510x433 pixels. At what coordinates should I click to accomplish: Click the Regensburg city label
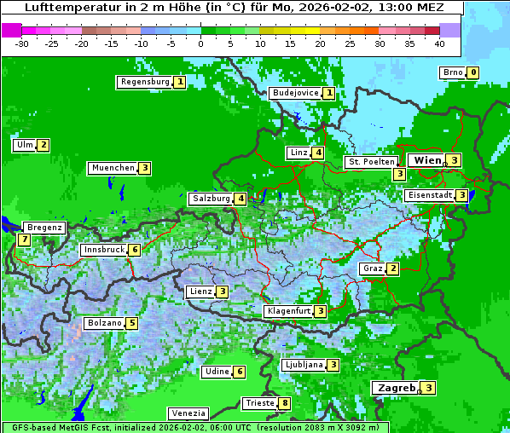[144, 82]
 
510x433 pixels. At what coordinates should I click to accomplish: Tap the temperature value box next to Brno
[472, 72]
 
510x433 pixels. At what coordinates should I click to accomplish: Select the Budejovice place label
[295, 93]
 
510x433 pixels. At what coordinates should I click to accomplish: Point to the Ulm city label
[23, 145]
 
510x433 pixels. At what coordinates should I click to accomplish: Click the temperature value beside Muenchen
[146, 168]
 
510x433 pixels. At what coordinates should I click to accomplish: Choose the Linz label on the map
[298, 153]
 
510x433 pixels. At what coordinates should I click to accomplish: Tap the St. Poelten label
[371, 161]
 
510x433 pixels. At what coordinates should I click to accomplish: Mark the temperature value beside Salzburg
[241, 199]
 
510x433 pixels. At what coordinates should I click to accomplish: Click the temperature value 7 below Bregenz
[23, 240]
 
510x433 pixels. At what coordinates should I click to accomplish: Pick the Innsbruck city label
[103, 250]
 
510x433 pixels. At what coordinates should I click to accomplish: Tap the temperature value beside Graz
[392, 268]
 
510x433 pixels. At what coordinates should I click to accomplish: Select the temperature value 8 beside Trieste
[285, 403]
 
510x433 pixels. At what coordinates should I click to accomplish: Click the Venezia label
[188, 413]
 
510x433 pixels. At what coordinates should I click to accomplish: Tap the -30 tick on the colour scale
[22, 43]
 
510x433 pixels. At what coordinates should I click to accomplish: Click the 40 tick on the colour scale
[438, 43]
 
